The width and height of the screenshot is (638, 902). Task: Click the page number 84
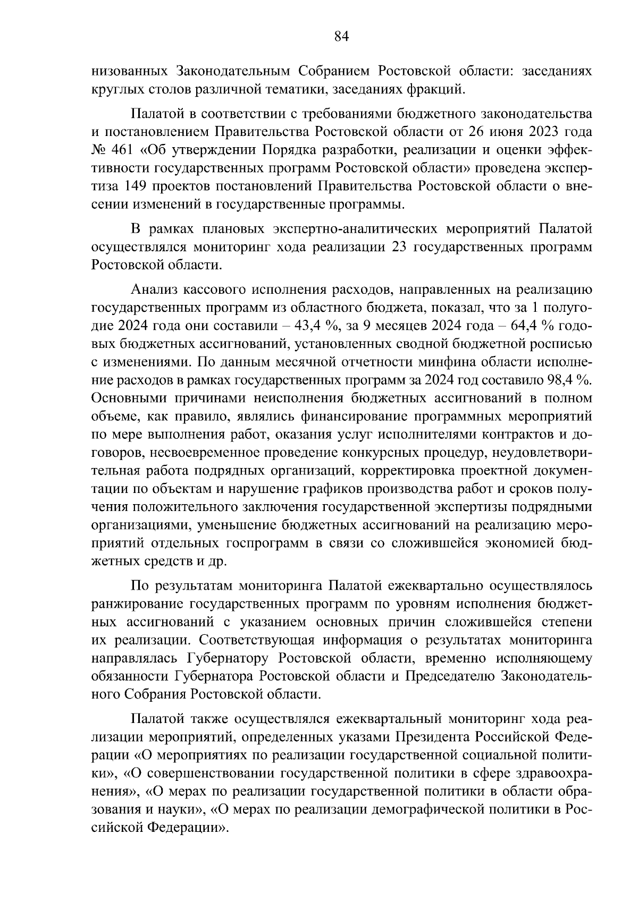point(341,37)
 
